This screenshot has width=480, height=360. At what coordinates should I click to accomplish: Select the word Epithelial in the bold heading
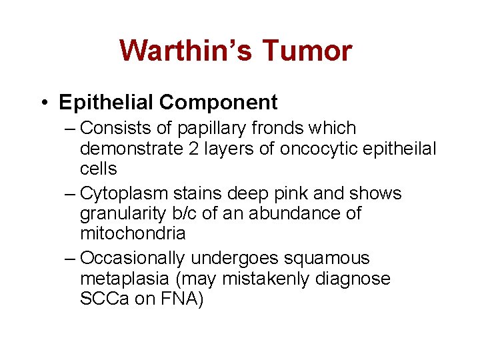tap(106, 102)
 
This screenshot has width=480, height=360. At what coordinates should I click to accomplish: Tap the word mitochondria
tap(133, 233)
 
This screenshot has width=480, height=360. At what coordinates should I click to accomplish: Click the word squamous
tap(328, 259)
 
